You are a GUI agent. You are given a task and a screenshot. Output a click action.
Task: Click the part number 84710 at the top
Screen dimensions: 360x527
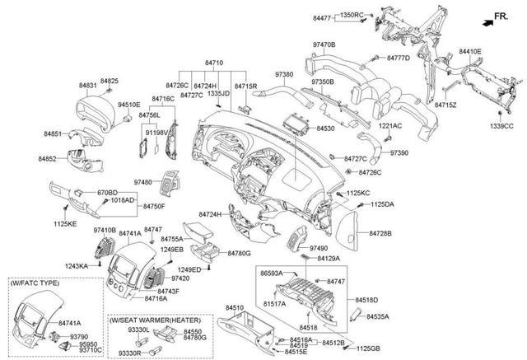coord(214,63)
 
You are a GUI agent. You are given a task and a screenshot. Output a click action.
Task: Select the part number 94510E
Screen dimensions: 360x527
coord(129,105)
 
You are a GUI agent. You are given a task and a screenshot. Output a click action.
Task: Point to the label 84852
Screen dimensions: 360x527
coord(48,157)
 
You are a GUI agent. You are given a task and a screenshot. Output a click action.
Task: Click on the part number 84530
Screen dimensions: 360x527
coord(325,129)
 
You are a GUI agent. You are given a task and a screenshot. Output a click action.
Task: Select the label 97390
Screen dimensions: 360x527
coord(399,153)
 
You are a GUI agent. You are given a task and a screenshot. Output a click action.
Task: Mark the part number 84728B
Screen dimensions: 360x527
coord(380,234)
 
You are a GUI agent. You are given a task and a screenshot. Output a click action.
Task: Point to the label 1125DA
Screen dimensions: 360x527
coord(382,203)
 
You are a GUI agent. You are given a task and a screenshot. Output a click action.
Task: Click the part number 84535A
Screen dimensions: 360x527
coord(379,316)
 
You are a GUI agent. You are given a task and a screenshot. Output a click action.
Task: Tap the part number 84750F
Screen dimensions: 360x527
coord(154,206)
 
